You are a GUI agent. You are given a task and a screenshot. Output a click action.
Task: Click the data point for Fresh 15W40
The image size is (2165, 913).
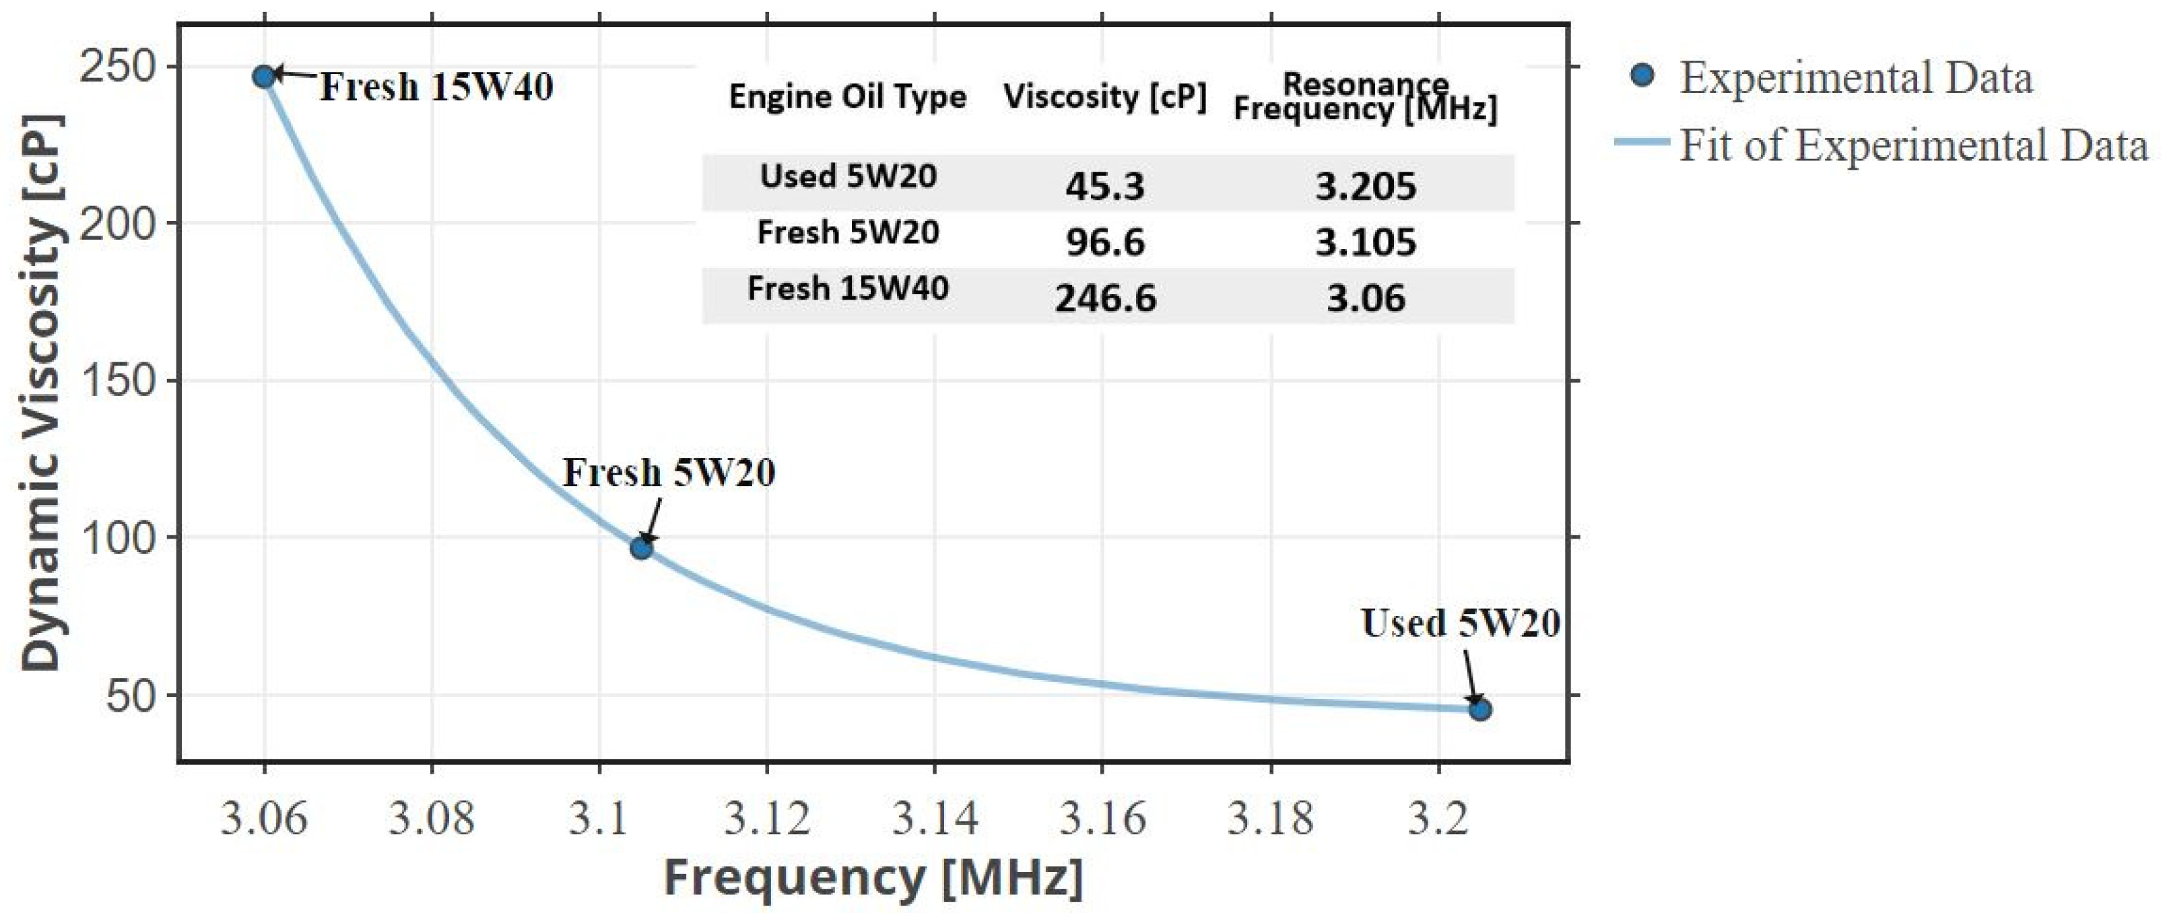click(264, 77)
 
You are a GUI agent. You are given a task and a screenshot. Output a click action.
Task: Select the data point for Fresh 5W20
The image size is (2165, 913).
click(641, 548)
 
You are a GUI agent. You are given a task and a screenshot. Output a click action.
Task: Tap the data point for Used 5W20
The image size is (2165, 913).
click(1480, 709)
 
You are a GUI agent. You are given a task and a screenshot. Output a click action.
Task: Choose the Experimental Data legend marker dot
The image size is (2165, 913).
click(1641, 75)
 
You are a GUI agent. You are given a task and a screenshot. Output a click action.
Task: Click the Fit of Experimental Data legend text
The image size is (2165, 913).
click(1914, 146)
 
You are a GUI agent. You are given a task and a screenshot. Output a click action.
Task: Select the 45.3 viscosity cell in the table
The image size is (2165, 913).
click(1104, 186)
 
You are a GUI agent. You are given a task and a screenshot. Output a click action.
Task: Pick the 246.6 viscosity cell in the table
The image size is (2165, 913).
click(1105, 298)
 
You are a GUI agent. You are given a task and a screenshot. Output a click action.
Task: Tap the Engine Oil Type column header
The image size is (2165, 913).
click(847, 97)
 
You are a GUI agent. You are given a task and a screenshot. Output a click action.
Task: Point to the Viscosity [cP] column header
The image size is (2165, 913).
click(1104, 97)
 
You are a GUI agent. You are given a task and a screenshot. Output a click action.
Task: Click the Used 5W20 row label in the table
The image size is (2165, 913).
click(847, 176)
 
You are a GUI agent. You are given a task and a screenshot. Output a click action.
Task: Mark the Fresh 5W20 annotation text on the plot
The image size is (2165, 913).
click(668, 473)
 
